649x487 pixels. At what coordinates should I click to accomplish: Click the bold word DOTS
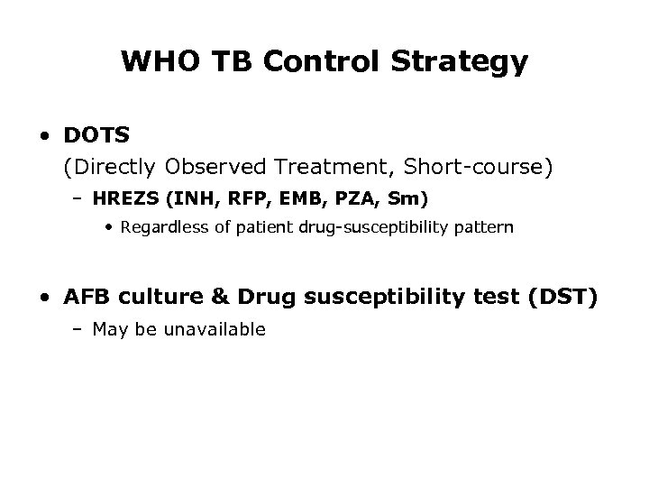(97, 135)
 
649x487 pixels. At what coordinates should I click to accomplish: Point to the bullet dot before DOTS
(44, 136)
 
